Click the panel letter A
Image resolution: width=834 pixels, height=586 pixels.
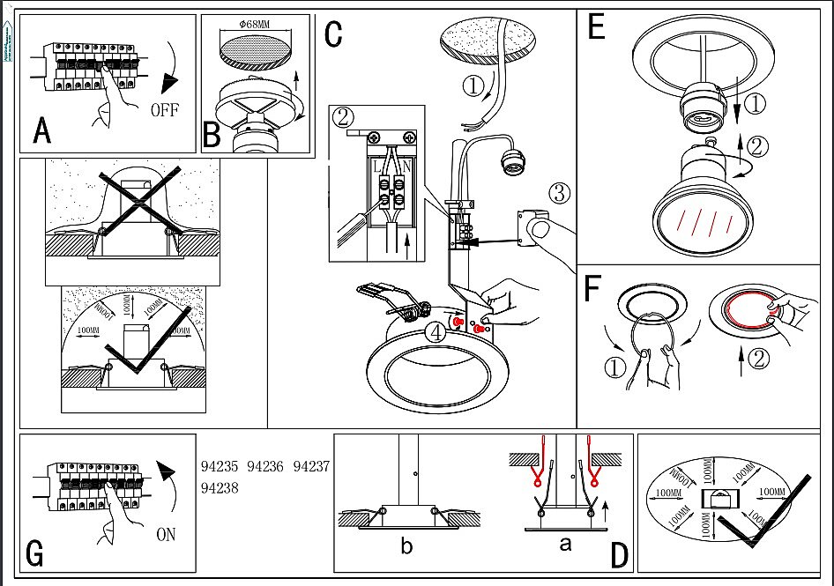(x=41, y=131)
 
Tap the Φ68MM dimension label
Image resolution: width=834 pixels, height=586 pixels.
(x=255, y=23)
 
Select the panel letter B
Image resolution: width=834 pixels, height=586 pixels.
(x=212, y=136)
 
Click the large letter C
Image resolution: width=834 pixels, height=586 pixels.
(x=333, y=33)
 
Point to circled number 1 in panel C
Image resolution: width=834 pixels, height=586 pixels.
(x=473, y=86)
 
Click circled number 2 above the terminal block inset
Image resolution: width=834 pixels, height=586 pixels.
(x=344, y=115)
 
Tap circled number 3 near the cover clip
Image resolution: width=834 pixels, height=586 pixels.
(x=559, y=191)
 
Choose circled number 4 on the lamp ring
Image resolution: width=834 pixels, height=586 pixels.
(x=433, y=333)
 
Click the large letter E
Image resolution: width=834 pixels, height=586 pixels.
(x=596, y=28)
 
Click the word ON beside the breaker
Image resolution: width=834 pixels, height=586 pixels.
(x=166, y=534)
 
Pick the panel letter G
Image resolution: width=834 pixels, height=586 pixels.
(x=35, y=554)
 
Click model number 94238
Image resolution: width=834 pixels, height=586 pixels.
(x=220, y=487)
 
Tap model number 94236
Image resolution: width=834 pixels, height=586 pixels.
(x=265, y=466)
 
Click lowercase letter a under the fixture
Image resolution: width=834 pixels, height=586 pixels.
(x=565, y=545)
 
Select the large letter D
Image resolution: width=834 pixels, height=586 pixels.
(x=620, y=554)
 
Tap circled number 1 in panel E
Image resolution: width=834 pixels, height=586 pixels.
(x=755, y=104)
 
